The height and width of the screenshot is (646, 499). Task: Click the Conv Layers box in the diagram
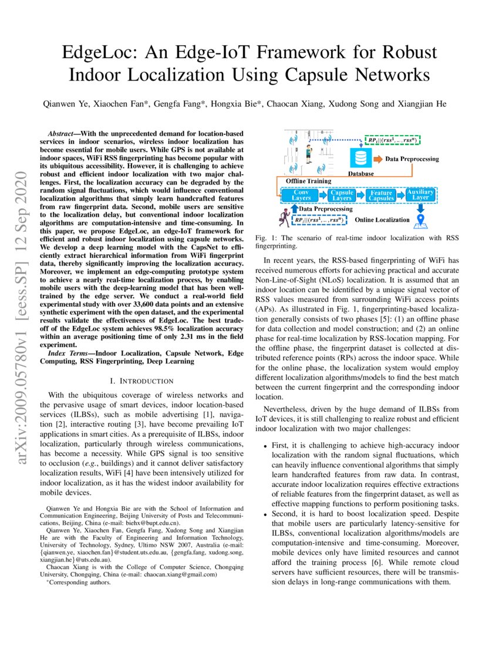click(x=302, y=195)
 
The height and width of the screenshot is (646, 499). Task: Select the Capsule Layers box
click(x=342, y=195)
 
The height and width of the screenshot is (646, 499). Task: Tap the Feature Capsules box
click(x=382, y=195)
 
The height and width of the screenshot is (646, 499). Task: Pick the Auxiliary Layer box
click(x=420, y=195)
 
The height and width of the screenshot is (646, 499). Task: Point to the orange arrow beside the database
click(x=377, y=159)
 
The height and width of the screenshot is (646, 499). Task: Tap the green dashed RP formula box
click(x=392, y=140)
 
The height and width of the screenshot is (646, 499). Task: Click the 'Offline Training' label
click(x=304, y=181)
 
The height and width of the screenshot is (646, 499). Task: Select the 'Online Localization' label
click(x=381, y=220)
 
